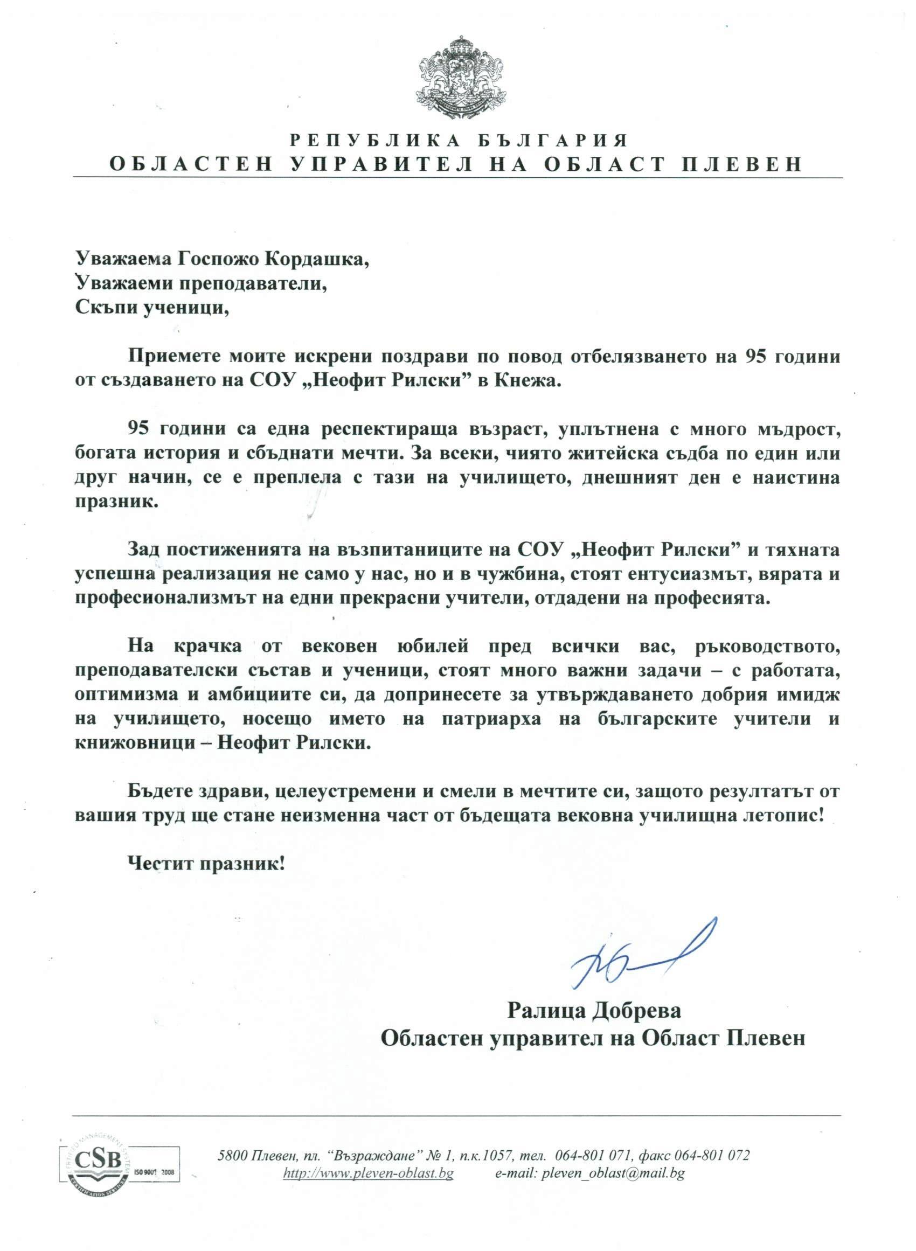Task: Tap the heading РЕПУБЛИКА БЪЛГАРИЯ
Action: pos(459,140)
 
